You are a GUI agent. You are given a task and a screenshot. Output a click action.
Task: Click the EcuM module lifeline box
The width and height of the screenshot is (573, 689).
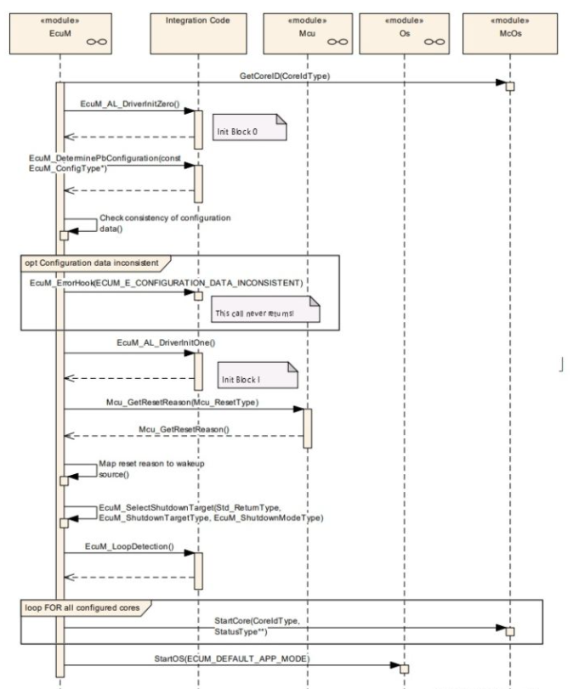(60, 34)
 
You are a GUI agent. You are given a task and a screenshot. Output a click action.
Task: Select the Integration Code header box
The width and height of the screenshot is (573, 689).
(198, 34)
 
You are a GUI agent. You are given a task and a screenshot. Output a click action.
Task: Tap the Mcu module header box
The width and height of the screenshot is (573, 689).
(308, 34)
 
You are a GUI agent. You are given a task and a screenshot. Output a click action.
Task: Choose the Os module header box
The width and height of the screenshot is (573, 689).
(405, 34)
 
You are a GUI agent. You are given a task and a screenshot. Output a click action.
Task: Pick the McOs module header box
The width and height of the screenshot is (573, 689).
(510, 34)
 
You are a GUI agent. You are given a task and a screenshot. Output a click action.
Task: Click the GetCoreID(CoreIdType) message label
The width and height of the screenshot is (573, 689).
(285, 76)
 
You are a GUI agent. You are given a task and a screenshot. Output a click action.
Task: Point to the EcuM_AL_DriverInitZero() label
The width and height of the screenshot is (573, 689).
(130, 104)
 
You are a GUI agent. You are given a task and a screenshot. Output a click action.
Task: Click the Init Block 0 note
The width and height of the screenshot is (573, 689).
(250, 127)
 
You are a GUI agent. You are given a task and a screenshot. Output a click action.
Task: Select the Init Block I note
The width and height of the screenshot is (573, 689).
(258, 376)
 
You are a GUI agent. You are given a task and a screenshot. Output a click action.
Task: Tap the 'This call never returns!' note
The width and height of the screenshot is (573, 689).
(265, 309)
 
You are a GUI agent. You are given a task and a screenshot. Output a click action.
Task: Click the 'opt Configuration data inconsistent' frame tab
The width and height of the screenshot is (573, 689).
(96, 263)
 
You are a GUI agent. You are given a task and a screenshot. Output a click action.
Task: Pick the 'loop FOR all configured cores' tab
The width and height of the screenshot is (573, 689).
(86, 608)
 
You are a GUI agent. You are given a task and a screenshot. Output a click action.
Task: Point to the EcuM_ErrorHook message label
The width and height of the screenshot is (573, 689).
(167, 283)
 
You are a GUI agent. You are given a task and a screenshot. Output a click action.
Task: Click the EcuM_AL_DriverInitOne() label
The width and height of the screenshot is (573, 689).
(166, 342)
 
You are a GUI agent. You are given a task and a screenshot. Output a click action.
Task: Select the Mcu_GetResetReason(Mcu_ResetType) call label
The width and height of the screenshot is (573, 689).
(183, 403)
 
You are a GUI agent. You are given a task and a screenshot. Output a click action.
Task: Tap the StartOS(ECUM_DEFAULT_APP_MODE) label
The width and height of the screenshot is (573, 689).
(232, 658)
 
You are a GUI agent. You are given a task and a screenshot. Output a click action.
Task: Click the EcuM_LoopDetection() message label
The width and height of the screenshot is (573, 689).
(129, 546)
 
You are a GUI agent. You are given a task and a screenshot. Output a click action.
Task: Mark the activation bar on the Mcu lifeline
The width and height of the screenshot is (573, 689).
(308, 428)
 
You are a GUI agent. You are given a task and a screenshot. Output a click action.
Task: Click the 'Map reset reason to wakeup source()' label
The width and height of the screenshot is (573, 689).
(151, 469)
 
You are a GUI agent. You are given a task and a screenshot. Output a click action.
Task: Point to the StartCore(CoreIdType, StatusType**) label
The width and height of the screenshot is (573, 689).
(257, 626)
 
